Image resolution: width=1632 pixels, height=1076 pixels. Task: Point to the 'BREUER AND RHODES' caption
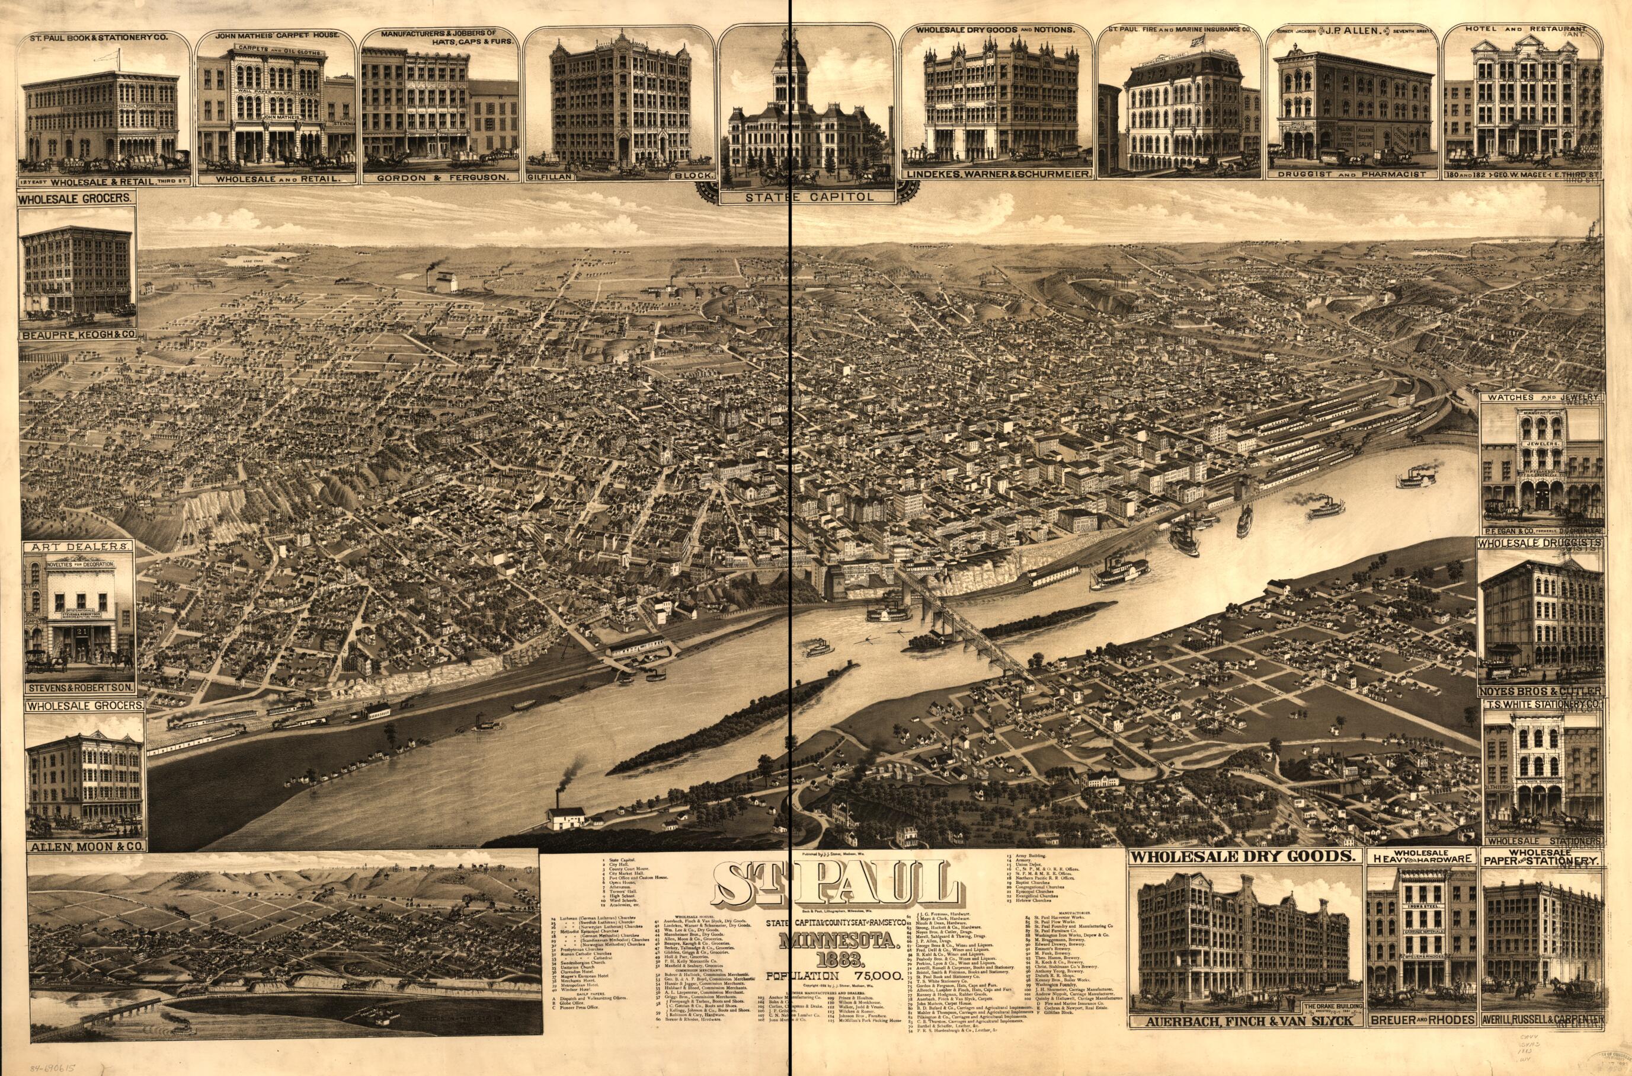(x=1420, y=1039)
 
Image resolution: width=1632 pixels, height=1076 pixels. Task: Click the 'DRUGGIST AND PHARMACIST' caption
(x=1352, y=174)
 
